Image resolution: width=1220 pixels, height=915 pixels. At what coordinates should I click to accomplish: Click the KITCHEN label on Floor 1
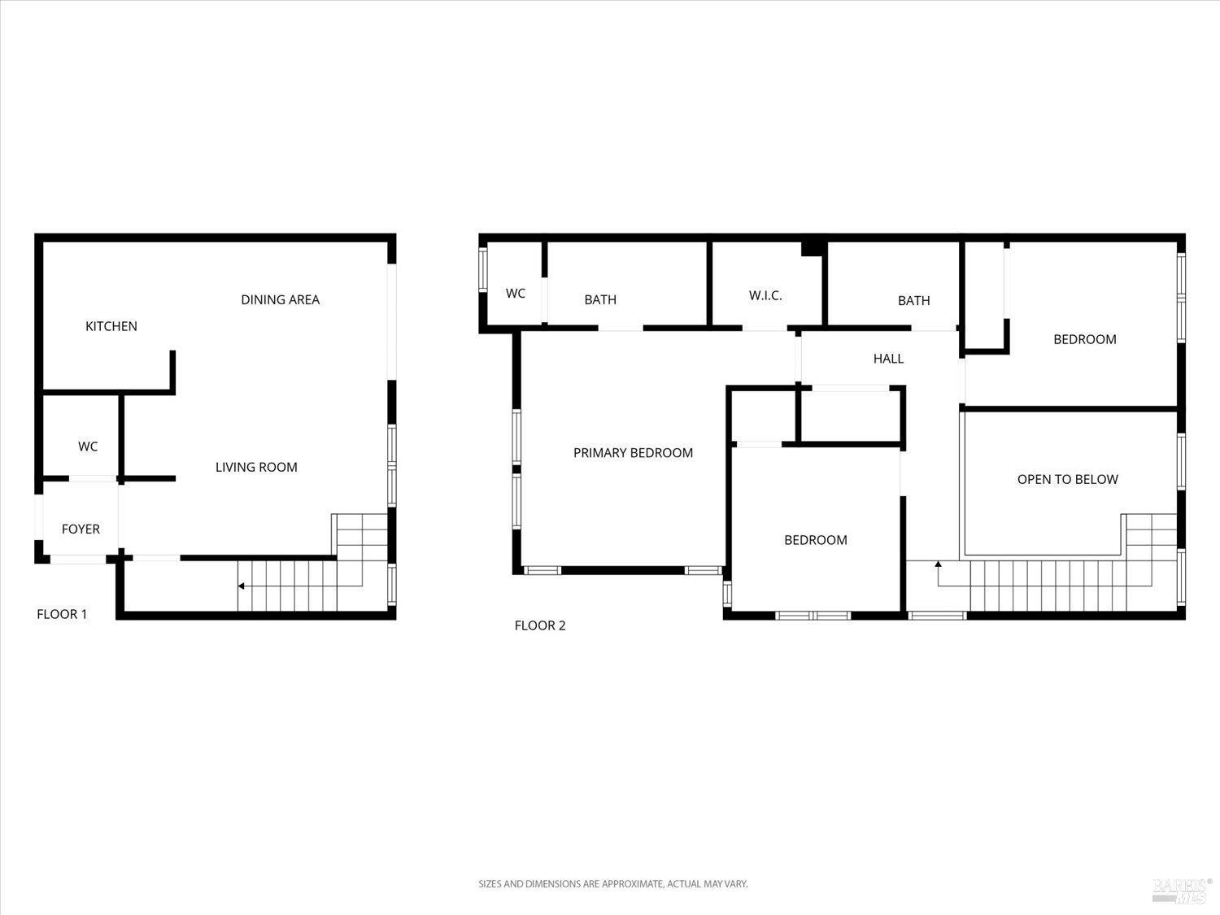(x=111, y=326)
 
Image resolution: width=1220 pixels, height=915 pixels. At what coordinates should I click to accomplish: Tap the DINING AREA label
(x=280, y=299)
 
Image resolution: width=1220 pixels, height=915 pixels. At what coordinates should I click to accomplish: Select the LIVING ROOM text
(x=256, y=467)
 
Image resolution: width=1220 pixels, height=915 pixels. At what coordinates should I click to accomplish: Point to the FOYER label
(x=81, y=529)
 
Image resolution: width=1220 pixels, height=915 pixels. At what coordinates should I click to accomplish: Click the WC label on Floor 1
(x=88, y=447)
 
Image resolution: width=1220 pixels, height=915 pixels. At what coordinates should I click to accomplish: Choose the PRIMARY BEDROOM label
(x=633, y=453)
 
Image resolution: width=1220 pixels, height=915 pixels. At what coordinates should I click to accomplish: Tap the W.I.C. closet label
(x=765, y=295)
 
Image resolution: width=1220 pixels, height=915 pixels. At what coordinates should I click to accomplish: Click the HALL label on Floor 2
(x=888, y=359)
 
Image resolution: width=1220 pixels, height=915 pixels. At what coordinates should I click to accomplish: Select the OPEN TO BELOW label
(x=1067, y=479)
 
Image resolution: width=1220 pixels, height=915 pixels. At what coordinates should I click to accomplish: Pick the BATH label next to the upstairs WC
(x=600, y=300)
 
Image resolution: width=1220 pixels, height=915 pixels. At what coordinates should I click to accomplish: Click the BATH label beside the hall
(x=913, y=301)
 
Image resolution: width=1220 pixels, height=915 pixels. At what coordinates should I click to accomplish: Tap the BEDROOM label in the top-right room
(x=1084, y=339)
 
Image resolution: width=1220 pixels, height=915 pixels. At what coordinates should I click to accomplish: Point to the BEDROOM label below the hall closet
(x=815, y=540)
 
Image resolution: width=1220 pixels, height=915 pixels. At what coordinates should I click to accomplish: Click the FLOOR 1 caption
(x=62, y=614)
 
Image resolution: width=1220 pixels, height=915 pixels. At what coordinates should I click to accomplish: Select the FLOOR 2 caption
(x=539, y=625)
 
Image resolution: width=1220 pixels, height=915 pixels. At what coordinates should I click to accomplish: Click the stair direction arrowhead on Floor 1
(x=241, y=586)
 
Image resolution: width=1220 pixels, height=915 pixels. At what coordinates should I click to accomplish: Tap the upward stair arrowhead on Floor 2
(x=938, y=563)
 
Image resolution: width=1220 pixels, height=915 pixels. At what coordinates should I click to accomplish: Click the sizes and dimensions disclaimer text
(x=612, y=883)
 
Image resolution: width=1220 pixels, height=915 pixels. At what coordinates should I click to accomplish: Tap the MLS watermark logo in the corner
(x=1182, y=890)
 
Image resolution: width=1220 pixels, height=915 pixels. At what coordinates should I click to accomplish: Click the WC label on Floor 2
(x=515, y=294)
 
